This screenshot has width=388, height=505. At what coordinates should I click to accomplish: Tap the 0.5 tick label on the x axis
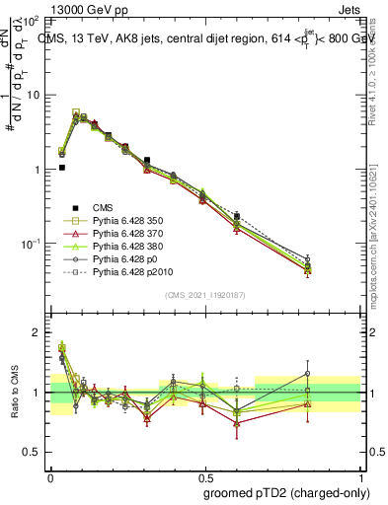[x=204, y=474]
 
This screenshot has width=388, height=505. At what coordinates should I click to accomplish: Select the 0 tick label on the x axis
[x=50, y=474]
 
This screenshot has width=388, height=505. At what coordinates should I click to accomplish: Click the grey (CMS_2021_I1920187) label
[x=205, y=295]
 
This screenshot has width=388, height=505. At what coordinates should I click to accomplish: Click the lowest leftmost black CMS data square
[x=62, y=168]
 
